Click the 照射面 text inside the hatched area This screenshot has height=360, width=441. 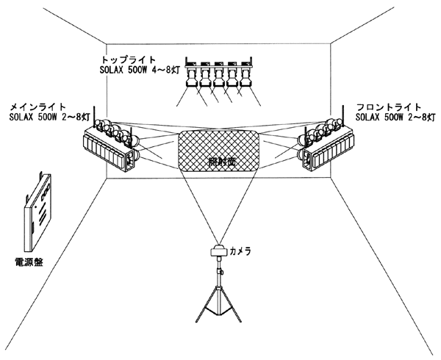tap(218, 160)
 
